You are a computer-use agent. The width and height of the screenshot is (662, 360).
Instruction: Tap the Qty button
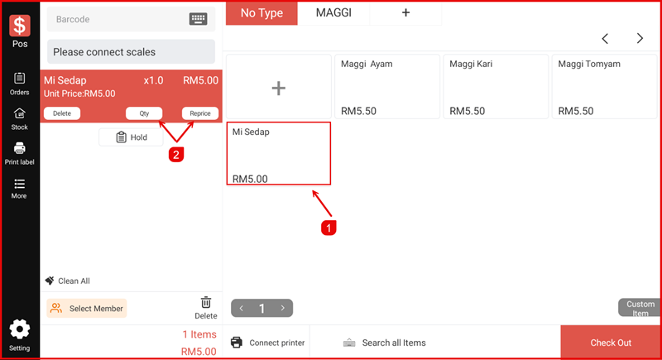(x=144, y=113)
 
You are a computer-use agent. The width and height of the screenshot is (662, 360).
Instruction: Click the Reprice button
(x=200, y=113)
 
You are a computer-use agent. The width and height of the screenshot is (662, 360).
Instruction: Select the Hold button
(x=132, y=137)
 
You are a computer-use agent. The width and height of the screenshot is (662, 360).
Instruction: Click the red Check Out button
(x=611, y=343)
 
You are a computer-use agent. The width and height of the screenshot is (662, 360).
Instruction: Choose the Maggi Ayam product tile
(x=387, y=87)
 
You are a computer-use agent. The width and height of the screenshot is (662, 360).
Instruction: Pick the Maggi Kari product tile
(x=496, y=87)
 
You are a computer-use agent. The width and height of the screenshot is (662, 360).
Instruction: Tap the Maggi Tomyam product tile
(x=605, y=87)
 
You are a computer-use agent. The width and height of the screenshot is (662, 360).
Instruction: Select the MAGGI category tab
(x=333, y=12)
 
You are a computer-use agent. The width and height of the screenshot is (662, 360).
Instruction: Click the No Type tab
(x=261, y=13)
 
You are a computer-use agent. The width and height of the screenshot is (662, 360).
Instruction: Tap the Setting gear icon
(x=19, y=329)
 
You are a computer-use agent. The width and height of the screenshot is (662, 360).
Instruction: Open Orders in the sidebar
(x=19, y=84)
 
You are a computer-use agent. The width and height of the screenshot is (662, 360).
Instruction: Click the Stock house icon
(x=19, y=113)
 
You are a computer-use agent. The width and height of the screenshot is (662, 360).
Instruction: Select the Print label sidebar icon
(x=19, y=149)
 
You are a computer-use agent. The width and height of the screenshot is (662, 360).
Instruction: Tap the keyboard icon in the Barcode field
(x=198, y=19)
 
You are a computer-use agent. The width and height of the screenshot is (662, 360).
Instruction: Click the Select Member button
(x=87, y=309)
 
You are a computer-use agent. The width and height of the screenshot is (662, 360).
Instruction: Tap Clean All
(x=68, y=281)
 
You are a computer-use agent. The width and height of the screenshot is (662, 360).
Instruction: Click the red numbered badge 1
(x=329, y=228)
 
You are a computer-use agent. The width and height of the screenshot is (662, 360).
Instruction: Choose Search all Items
(x=385, y=343)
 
